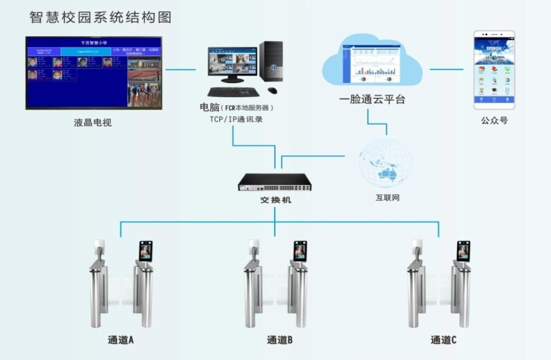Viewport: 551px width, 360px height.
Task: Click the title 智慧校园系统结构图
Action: [100, 17]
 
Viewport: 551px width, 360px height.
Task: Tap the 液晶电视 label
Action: [93, 123]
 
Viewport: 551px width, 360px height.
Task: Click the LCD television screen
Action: [94, 73]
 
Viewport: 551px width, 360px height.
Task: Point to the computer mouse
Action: [272, 90]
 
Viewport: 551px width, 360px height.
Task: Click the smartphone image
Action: [494, 70]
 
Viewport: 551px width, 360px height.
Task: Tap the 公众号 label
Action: [494, 120]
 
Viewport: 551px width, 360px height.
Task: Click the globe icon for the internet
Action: [386, 163]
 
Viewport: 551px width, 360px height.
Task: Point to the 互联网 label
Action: [387, 197]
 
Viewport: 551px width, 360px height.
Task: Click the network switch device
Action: [275, 182]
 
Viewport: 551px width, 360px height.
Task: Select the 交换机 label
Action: [275, 200]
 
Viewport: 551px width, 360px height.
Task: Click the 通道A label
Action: [121, 340]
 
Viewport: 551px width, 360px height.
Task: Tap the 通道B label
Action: [280, 340]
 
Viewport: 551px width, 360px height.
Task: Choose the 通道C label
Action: [443, 340]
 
